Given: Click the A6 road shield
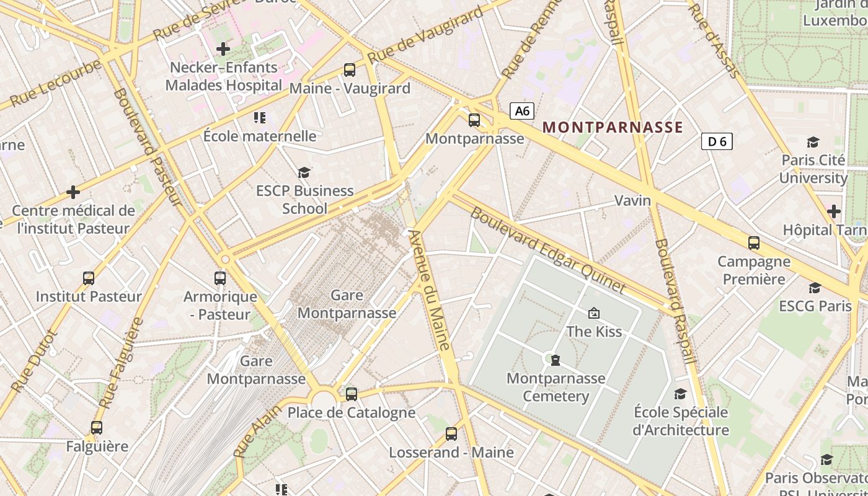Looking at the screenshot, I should click(x=522, y=111).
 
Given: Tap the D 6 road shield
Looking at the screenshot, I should click(x=717, y=141).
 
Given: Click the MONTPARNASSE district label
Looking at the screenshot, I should click(x=613, y=128).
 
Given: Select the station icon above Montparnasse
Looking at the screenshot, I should click(x=474, y=120).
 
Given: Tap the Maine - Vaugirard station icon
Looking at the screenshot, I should click(x=350, y=70).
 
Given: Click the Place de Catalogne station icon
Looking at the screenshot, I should click(x=352, y=394).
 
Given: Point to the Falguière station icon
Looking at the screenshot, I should click(x=97, y=427).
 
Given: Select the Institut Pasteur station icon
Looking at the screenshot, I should click(x=89, y=278).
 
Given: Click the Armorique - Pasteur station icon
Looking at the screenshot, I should click(x=220, y=278).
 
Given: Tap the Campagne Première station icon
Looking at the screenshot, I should click(x=754, y=242).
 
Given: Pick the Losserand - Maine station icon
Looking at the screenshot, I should click(x=451, y=434).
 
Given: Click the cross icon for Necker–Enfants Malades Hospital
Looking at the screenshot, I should click(x=223, y=48).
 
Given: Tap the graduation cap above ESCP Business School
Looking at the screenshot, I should click(x=304, y=172).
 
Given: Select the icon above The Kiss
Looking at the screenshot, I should click(x=594, y=313).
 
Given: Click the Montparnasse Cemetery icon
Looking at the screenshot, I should click(x=556, y=360).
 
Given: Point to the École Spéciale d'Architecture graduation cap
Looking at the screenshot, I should click(x=680, y=394).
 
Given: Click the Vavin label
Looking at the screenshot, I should click(x=632, y=200).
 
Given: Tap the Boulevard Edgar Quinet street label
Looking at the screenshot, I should click(x=548, y=250).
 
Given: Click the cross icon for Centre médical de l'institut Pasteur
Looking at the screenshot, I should click(x=73, y=192).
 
